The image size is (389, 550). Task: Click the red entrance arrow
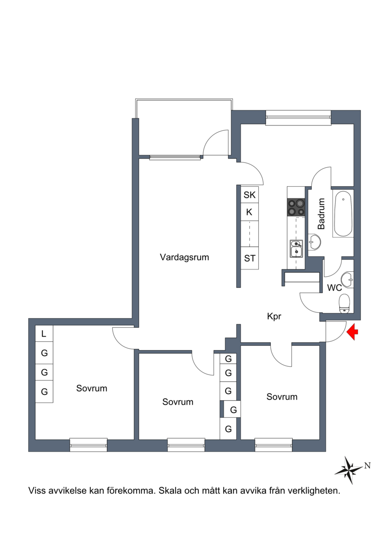pyautogui.click(x=353, y=332)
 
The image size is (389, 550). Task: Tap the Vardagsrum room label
pyautogui.click(x=184, y=257)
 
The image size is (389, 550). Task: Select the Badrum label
pyautogui.click(x=321, y=213)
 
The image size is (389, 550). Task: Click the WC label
pyautogui.click(x=334, y=287)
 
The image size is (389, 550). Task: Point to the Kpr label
pyautogui.click(x=274, y=317)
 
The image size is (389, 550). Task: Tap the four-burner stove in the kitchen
pyautogui.click(x=296, y=207)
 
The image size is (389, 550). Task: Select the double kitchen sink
pyautogui.click(x=297, y=248)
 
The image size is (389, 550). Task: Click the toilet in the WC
pyautogui.click(x=344, y=303)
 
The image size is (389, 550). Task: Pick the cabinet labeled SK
pyautogui.click(x=249, y=195)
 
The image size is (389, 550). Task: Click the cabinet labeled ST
pyautogui.click(x=249, y=258)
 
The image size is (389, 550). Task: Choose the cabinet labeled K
pyautogui.click(x=249, y=212)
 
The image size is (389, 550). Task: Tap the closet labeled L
pyautogui.click(x=44, y=334)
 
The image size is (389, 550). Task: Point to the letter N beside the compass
pyautogui.click(x=368, y=466)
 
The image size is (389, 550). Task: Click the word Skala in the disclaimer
pyautogui.click(x=170, y=490)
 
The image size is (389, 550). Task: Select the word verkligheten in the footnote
pyautogui.click(x=314, y=490)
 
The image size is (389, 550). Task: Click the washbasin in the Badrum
pyautogui.click(x=315, y=242)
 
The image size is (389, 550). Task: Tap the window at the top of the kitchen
pyautogui.click(x=299, y=118)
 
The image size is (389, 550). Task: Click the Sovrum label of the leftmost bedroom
pyautogui.click(x=91, y=388)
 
